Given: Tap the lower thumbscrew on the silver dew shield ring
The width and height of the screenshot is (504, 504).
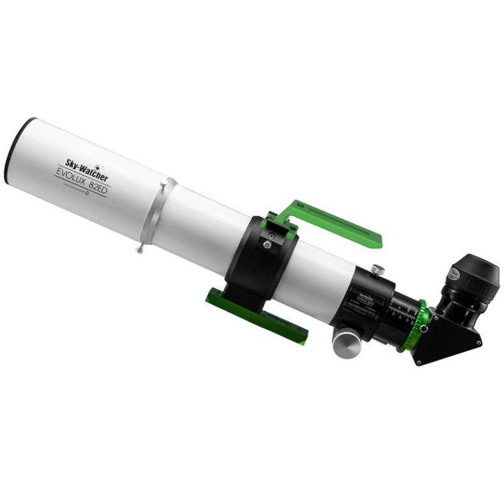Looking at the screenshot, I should click(x=140, y=249).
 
